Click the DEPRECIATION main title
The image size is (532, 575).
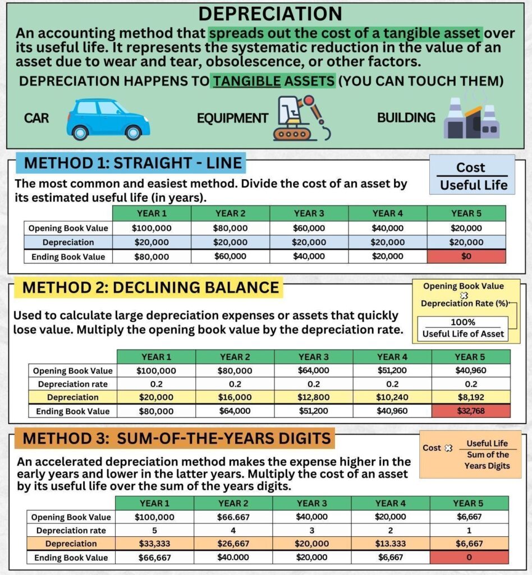(270, 14)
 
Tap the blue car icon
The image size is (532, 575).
(108, 119)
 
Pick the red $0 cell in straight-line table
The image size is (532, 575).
(466, 256)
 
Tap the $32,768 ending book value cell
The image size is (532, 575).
(470, 411)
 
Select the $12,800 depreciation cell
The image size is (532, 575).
(313, 398)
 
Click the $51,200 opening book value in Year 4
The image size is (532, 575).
(392, 371)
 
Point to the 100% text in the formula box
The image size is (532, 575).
(463, 322)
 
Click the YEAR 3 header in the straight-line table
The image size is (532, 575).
(309, 213)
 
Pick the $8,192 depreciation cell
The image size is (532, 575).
(470, 398)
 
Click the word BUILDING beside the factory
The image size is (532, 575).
(406, 118)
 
